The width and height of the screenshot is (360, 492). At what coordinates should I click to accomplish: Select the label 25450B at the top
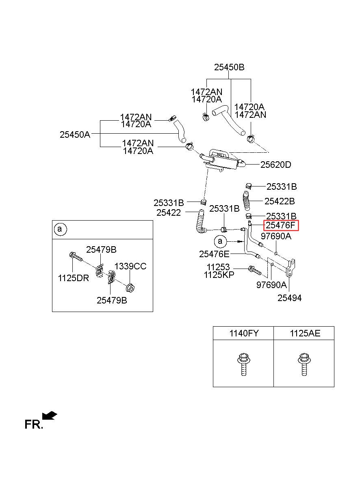(x=229, y=67)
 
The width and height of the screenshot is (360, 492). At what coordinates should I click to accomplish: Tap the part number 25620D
(x=275, y=165)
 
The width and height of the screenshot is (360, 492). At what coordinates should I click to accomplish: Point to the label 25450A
(x=75, y=134)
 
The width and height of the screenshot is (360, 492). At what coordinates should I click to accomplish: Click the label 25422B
(x=280, y=201)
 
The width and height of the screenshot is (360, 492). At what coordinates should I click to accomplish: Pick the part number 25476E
(x=214, y=254)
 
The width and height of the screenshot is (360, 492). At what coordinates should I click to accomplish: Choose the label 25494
(x=289, y=298)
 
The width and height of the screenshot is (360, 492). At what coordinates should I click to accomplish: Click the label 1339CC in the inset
(x=130, y=266)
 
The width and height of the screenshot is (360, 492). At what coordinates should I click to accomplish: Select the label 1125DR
(x=74, y=278)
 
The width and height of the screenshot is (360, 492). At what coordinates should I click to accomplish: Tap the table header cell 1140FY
(x=244, y=333)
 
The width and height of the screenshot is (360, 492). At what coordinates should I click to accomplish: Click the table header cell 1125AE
(x=305, y=333)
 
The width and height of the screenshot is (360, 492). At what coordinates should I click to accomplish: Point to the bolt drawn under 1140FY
(x=243, y=364)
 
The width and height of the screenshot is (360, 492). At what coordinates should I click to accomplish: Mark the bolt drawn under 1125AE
(x=304, y=364)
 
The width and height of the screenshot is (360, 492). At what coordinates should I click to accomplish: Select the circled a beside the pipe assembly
(x=220, y=241)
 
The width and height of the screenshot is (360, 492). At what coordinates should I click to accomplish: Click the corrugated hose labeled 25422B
(x=247, y=201)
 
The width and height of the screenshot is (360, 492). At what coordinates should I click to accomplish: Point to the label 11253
(x=218, y=267)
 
